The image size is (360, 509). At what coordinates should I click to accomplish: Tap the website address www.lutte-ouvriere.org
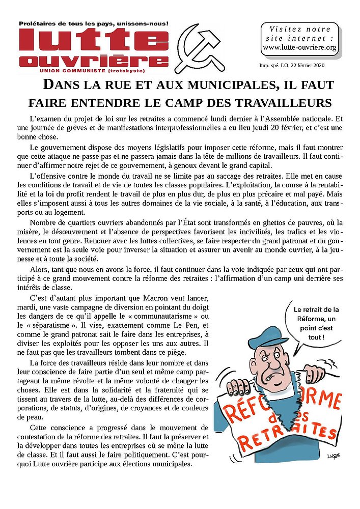299,48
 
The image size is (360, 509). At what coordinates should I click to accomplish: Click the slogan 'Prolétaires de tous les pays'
93,24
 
